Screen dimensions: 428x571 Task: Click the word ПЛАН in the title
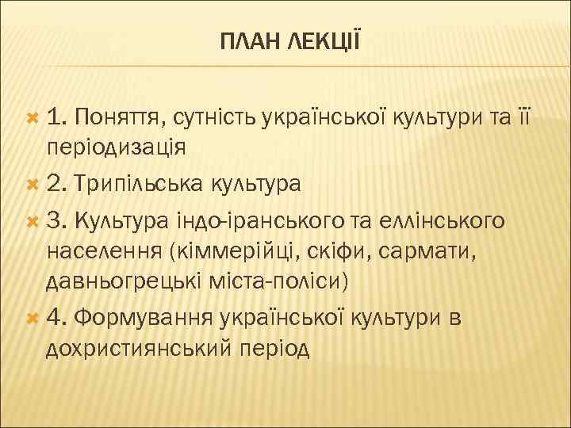[245, 39]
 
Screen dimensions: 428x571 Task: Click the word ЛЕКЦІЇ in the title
[316, 39]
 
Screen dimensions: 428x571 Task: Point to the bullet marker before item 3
[33, 219]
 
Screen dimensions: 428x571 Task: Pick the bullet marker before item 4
[33, 318]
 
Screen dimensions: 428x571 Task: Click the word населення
[101, 251]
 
